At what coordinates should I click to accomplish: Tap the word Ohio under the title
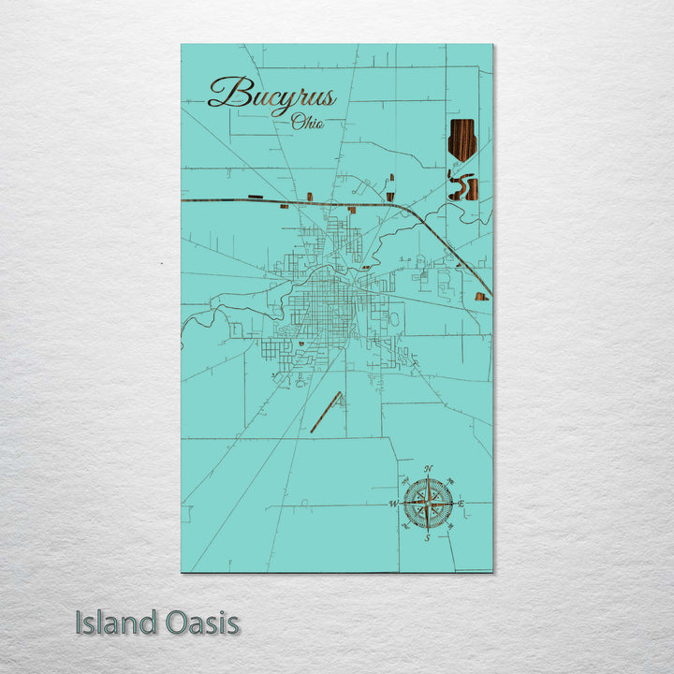(x=308, y=122)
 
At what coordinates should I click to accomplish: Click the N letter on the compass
(x=429, y=467)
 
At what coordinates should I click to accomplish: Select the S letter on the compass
(x=427, y=538)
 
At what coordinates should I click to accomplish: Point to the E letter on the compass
(x=462, y=504)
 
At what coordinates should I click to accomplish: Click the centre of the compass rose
(x=428, y=503)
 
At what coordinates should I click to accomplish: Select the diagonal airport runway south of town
(x=326, y=412)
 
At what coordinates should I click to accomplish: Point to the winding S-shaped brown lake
(x=462, y=187)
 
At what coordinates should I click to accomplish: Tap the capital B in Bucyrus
(x=223, y=93)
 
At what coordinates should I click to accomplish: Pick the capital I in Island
(x=80, y=623)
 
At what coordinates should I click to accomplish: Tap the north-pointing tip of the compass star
(x=428, y=479)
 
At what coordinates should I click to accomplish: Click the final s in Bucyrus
(x=328, y=95)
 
